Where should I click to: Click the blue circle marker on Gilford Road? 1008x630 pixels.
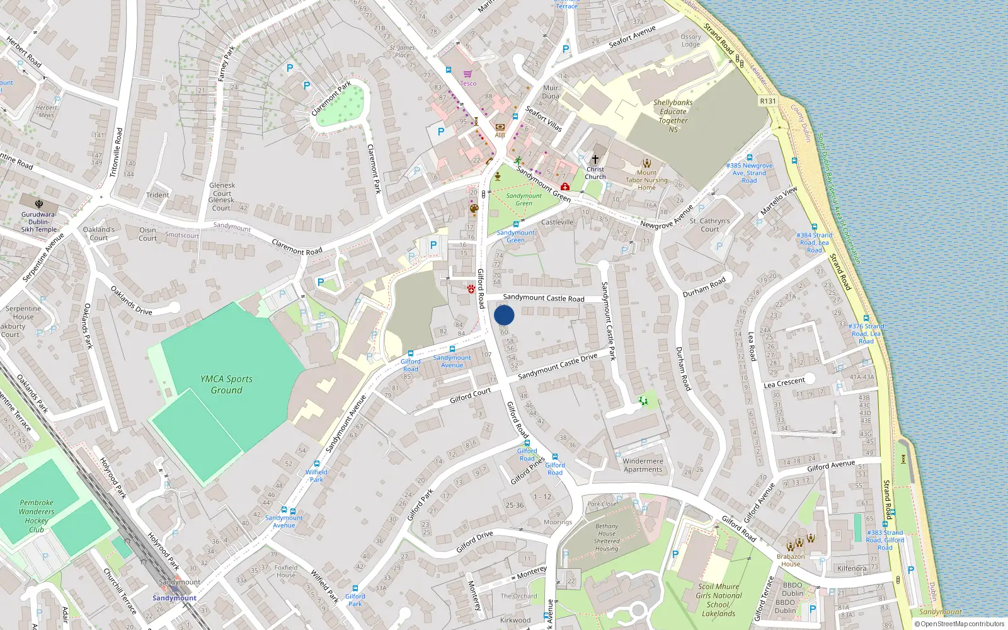pyautogui.click(x=504, y=315)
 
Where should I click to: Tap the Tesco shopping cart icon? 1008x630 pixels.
pyautogui.click(x=467, y=74)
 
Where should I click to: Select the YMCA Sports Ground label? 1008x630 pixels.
pyautogui.click(x=226, y=384)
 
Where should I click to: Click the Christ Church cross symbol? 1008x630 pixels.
pyautogui.click(x=595, y=159)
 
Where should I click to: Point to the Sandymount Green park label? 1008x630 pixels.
pyautogui.click(x=524, y=199)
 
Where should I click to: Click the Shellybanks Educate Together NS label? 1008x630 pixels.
pyautogui.click(x=673, y=116)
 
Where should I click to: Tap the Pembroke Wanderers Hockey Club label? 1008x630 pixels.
pyautogui.click(x=37, y=516)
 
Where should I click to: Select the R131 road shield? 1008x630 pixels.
pyautogui.click(x=768, y=101)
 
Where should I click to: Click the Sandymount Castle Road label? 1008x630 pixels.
pyautogui.click(x=543, y=298)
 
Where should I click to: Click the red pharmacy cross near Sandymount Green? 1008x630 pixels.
pyautogui.click(x=565, y=187)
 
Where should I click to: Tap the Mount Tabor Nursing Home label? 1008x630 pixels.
pyautogui.click(x=646, y=180)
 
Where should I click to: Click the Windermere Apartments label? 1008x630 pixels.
pyautogui.click(x=643, y=465)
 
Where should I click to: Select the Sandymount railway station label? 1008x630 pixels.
pyautogui.click(x=175, y=598)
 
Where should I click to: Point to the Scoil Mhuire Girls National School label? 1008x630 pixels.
pyautogui.click(x=718, y=600)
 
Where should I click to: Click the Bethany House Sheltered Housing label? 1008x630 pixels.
pyautogui.click(x=607, y=537)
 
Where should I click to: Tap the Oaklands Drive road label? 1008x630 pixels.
pyautogui.click(x=131, y=301)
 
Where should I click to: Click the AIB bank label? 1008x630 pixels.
pyautogui.click(x=500, y=135)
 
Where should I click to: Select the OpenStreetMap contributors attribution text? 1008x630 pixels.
pyautogui.click(x=959, y=624)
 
